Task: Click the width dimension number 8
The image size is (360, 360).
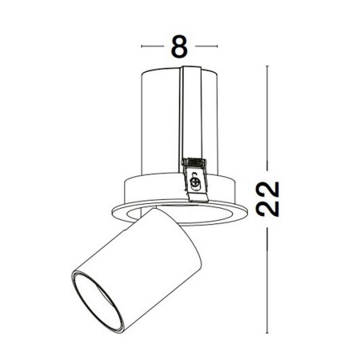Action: pyautogui.click(x=180, y=46)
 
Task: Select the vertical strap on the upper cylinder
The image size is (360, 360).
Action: pyautogui.click(x=190, y=112)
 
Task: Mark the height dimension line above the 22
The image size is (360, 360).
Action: pyautogui.click(x=270, y=120)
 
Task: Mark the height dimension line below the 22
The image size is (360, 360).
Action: pyautogui.click(x=270, y=272)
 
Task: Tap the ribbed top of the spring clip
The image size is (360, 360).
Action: pyautogui.click(x=193, y=163)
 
